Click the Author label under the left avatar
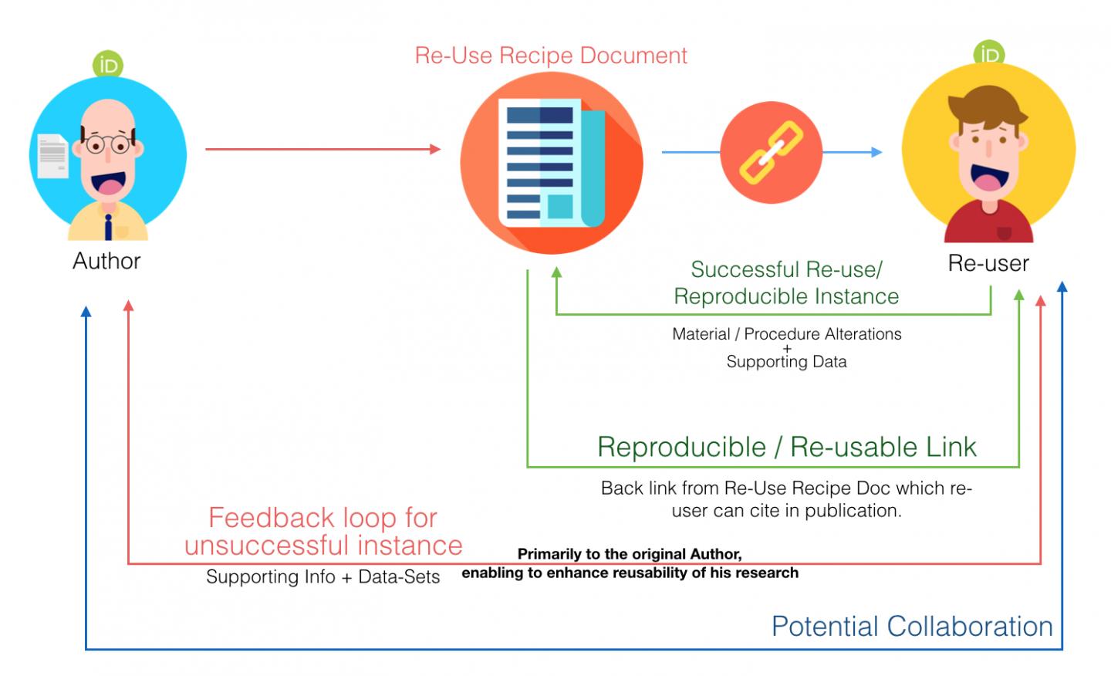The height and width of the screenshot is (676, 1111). pyautogui.click(x=106, y=261)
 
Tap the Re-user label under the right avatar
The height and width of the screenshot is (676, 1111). pyautogui.click(x=988, y=263)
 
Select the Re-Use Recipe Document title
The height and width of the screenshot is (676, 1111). pyautogui.click(x=551, y=56)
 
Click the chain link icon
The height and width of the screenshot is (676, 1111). pyautogui.click(x=772, y=153)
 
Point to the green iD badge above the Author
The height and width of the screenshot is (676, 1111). pyautogui.click(x=108, y=66)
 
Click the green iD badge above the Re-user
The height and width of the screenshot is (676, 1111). pyautogui.click(x=989, y=55)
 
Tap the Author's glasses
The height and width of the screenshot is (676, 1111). pyautogui.click(x=107, y=144)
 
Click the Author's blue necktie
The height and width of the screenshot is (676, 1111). pyautogui.click(x=109, y=225)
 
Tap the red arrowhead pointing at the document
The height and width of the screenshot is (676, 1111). pyautogui.click(x=435, y=149)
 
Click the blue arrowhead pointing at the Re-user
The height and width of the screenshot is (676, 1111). pyautogui.click(x=876, y=152)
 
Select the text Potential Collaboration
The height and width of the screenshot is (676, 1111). pyautogui.click(x=912, y=626)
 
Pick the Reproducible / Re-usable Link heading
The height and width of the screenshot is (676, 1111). pyautogui.click(x=787, y=447)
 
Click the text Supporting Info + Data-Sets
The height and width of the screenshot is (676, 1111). pyautogui.click(x=322, y=577)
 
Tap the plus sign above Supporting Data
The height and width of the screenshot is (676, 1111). pyautogui.click(x=787, y=348)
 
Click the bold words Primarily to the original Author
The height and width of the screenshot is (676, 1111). pyautogui.click(x=630, y=554)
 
